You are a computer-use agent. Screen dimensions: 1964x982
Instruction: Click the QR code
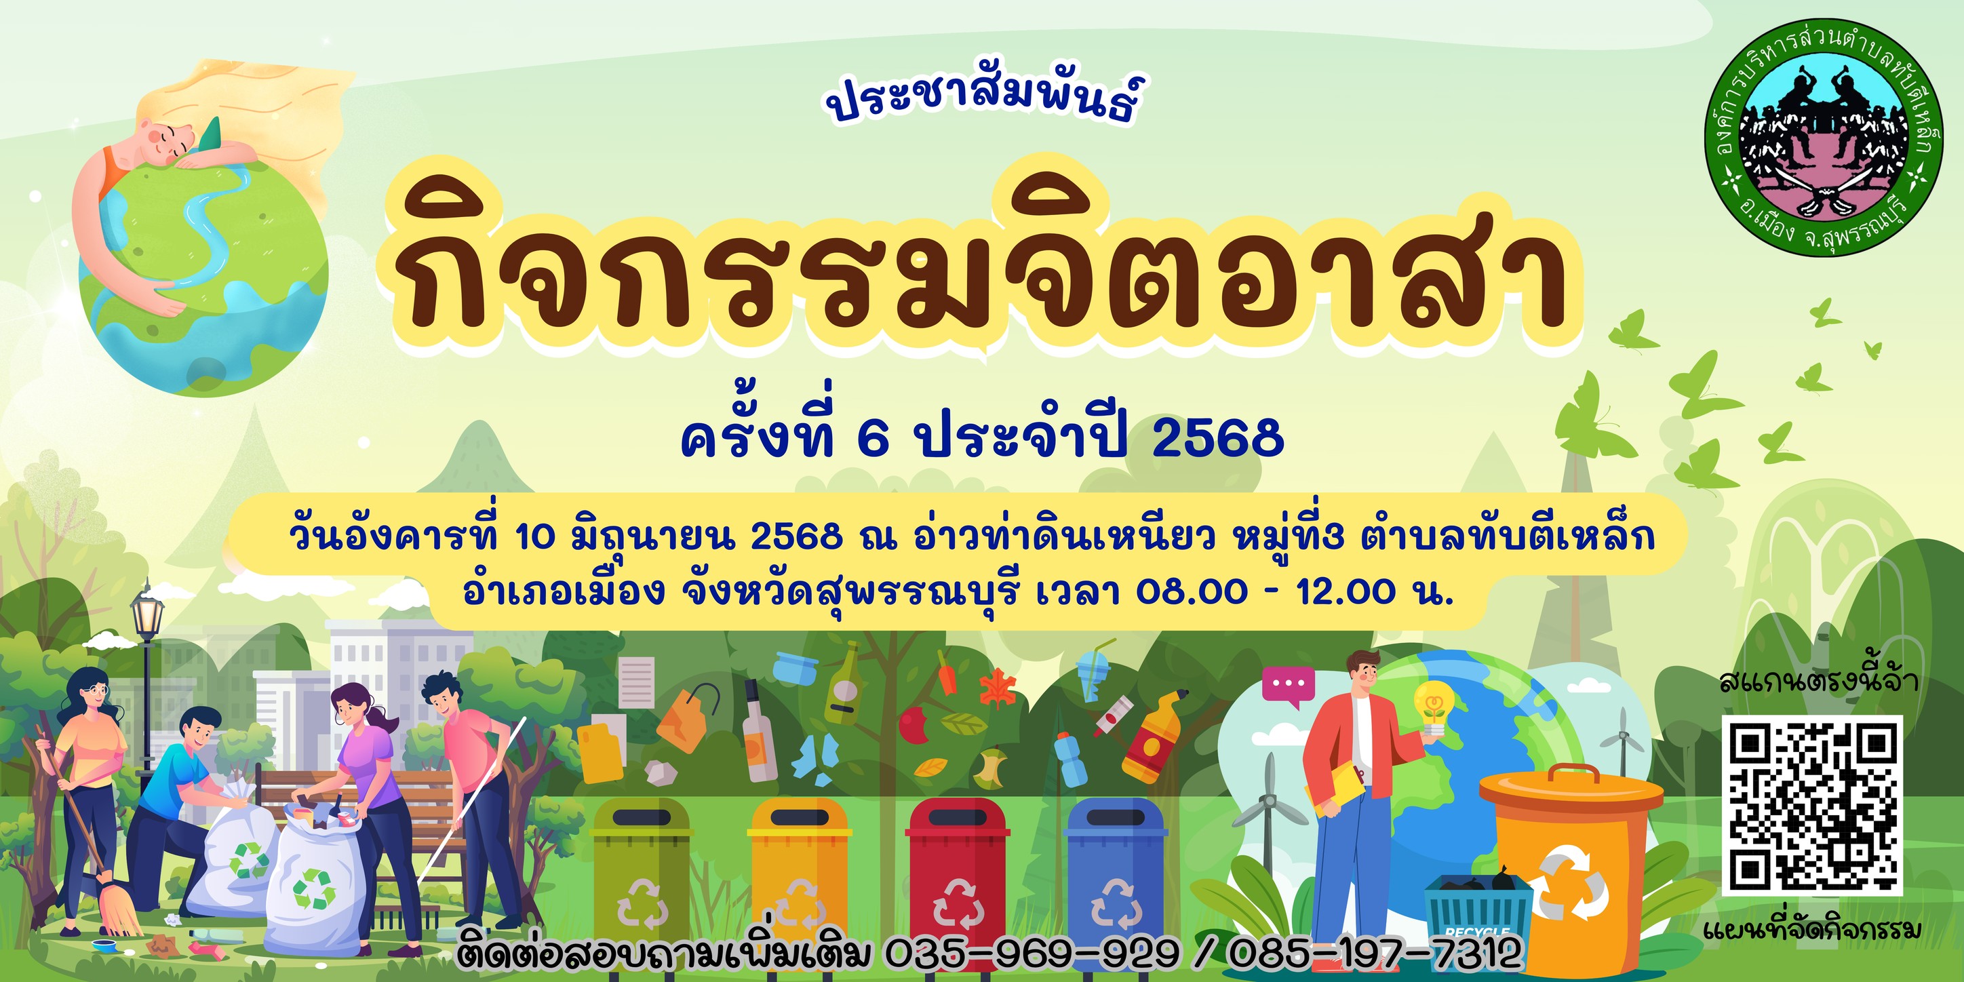pyautogui.click(x=1812, y=805)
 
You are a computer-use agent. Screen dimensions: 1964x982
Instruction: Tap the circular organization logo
pyautogui.click(x=1821, y=136)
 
